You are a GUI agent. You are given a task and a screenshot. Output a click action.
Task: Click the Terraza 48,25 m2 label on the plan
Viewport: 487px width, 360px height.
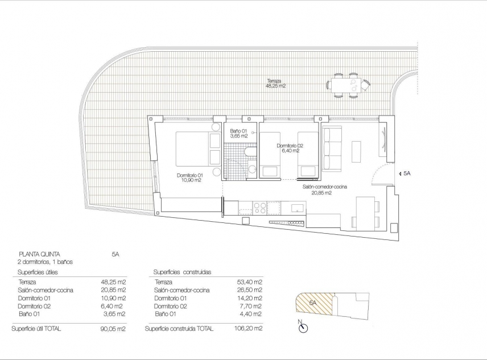pos(276,83)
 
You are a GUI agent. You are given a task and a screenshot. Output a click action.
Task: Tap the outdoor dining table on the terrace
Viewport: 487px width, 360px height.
pos(345,85)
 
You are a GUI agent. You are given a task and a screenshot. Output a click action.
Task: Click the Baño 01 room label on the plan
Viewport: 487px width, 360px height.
pos(238,134)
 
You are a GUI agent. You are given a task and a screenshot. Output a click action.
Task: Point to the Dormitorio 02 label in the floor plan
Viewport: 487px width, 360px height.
pos(290,148)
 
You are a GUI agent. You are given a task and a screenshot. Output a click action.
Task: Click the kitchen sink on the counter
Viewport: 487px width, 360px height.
pos(298,209)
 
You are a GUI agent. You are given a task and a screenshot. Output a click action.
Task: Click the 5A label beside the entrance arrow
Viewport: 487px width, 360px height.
pos(407,172)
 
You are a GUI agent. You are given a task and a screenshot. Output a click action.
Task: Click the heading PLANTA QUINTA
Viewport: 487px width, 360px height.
pos(39,254)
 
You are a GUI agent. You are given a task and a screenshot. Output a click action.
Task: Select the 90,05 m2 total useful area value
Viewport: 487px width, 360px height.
pos(113,329)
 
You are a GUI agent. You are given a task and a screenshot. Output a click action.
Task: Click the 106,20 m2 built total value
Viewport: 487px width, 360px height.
pos(250,329)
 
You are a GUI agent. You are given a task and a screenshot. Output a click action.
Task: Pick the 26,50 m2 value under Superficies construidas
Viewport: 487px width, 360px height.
pos(250,290)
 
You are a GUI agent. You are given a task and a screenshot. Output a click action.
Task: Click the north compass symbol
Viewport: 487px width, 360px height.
pos(303,327)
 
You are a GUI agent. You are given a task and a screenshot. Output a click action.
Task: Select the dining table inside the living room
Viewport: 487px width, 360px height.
pos(364,213)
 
